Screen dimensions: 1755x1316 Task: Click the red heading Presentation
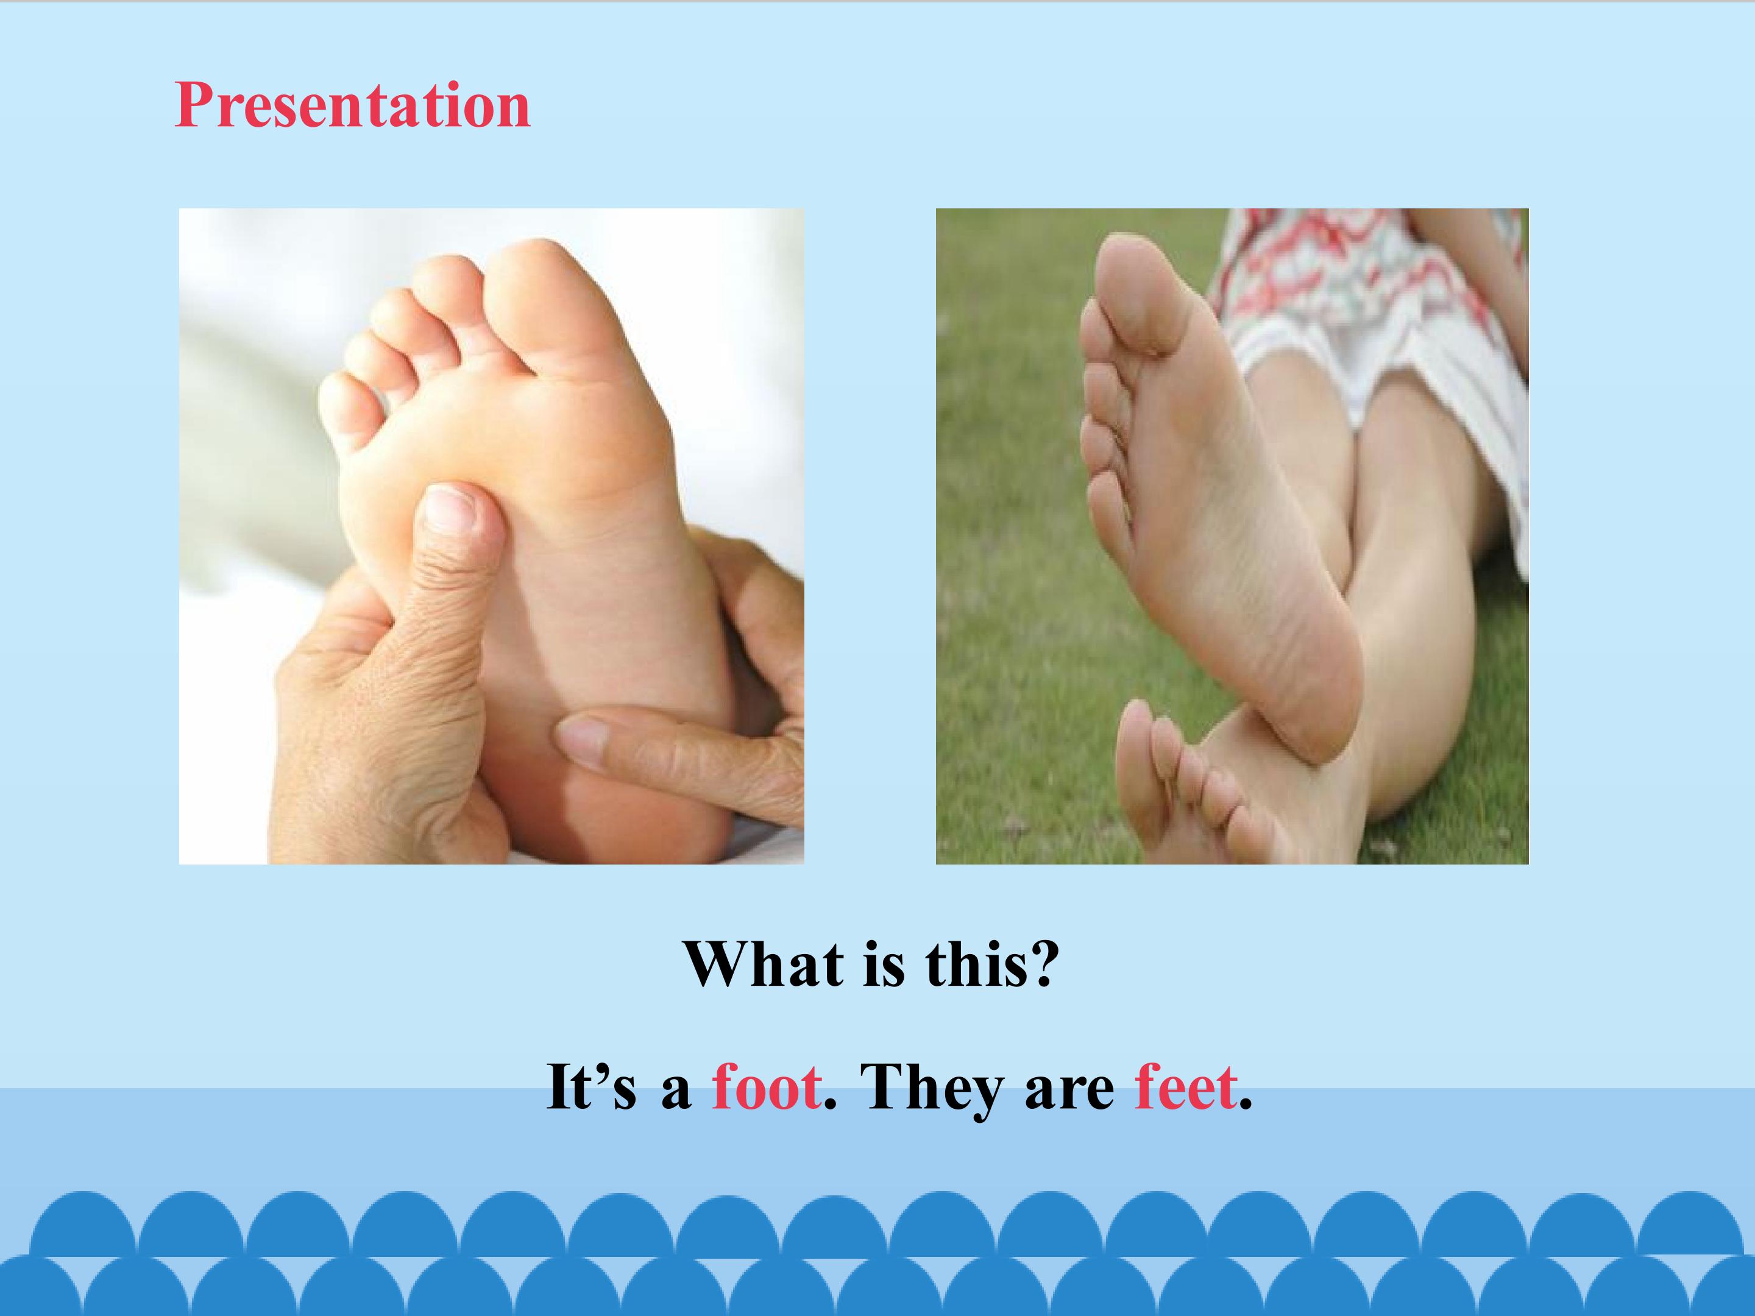(x=352, y=105)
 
